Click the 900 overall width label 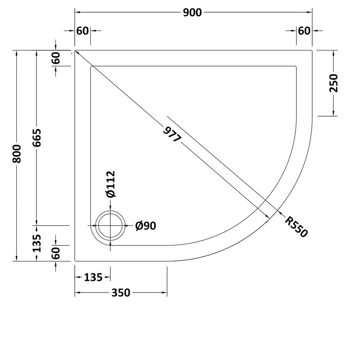193,13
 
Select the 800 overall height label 17,155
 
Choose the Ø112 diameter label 111,184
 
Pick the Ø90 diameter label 145,226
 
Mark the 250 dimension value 333,83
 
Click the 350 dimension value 121,293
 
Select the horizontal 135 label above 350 93,277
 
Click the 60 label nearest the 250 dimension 304,31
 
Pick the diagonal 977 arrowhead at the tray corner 77,53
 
